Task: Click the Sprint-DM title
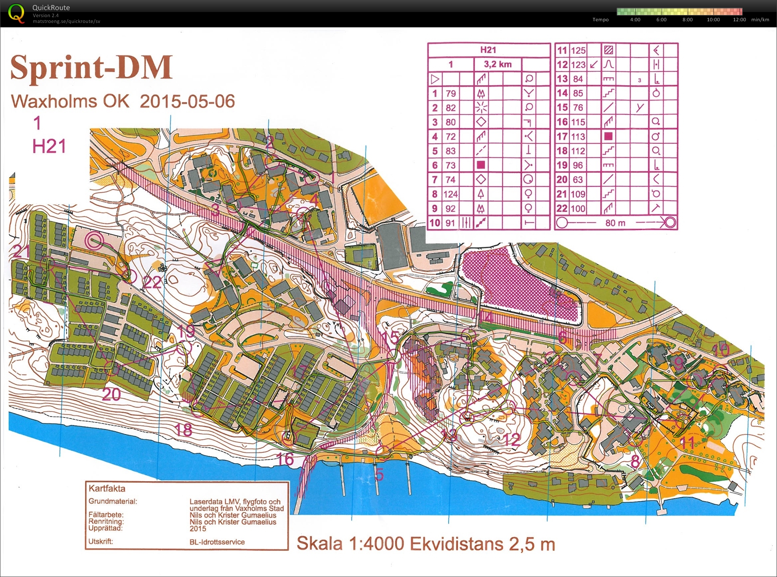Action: coord(91,67)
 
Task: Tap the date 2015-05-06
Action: coord(187,102)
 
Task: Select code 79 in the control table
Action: coord(451,93)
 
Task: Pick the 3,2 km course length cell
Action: coord(498,64)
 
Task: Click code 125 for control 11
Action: coord(578,51)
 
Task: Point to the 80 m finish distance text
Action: coord(615,223)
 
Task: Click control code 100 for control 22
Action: coord(578,209)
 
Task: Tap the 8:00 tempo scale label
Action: coord(687,20)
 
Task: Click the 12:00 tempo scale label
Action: coord(739,20)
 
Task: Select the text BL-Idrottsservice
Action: coord(217,542)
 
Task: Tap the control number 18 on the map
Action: coord(183,430)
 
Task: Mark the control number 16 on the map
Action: coord(285,459)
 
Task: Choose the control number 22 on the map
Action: coord(152,282)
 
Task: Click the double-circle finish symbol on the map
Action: coord(95,240)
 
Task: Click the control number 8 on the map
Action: coord(635,461)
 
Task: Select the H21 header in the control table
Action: coord(488,50)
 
